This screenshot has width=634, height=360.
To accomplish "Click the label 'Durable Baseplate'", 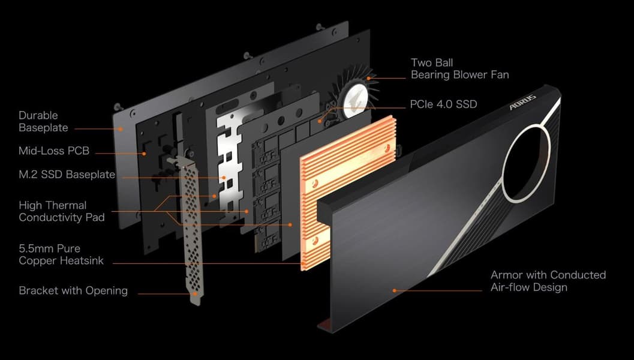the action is (43, 121).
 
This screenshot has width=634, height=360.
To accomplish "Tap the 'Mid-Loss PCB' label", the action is (54, 151).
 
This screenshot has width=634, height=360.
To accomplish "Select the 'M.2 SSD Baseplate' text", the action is (67, 175).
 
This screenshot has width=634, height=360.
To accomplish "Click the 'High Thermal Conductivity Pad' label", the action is (61, 211).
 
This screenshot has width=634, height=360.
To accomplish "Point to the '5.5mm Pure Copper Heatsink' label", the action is (61, 254).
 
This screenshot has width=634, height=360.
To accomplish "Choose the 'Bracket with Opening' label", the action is (73, 290).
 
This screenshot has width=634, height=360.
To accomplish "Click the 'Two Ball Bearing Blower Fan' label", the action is (459, 69).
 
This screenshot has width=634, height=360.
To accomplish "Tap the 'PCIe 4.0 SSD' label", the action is (443, 104).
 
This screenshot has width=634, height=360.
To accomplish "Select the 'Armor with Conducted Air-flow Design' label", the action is (548, 281).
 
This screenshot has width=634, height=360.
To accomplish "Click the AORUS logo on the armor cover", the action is (522, 101).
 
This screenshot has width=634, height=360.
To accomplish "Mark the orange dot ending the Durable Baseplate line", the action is (121, 129).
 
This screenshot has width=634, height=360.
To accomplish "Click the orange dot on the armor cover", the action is (394, 290).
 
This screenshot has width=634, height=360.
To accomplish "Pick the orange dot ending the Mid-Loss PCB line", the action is (144, 154).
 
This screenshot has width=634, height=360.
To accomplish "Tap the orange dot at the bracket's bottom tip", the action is (196, 294).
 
